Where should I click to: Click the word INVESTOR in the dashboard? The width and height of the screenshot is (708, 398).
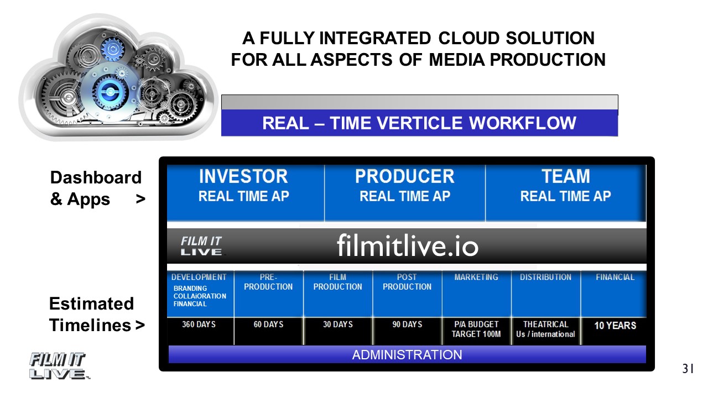(243, 176)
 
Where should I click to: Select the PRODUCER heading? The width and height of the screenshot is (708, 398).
(404, 176)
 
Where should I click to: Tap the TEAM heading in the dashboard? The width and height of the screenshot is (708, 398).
(566, 176)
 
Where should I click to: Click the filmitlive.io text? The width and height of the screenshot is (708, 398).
(408, 245)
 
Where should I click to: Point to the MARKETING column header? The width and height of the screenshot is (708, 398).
(476, 277)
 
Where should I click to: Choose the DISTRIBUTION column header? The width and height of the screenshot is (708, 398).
(545, 277)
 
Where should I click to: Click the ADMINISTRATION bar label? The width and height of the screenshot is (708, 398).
(407, 355)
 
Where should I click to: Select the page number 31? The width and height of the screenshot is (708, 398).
(688, 369)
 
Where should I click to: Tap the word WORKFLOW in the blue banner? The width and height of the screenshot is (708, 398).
(523, 123)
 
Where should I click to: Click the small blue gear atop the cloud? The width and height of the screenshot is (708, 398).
(112, 49)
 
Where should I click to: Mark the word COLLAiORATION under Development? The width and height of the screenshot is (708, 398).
(200, 296)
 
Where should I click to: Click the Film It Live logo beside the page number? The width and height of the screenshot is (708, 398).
(59, 366)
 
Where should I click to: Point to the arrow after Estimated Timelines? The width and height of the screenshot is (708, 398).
(140, 325)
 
